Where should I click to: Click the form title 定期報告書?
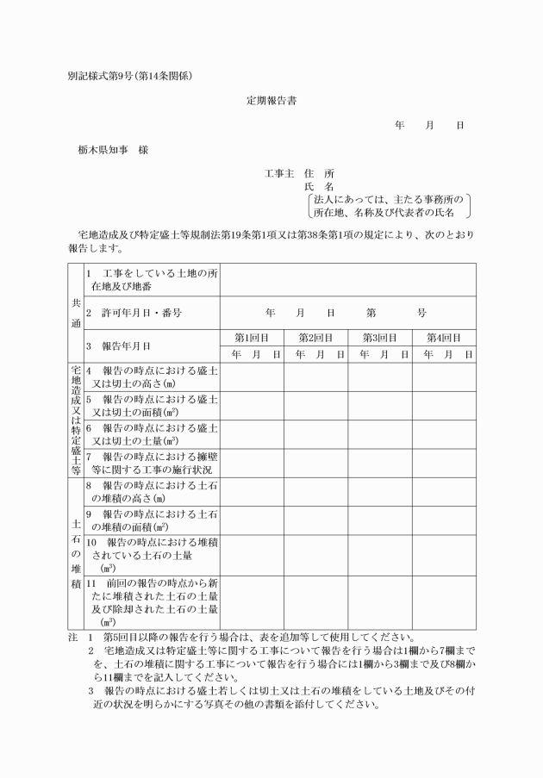coord(271,101)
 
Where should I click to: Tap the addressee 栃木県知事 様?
coord(113,150)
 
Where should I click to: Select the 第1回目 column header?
coord(252,338)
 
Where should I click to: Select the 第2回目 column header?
coord(315,338)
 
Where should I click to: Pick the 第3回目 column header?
coord(379,338)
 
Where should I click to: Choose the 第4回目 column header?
coord(443,338)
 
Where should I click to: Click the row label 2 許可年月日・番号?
coord(134,313)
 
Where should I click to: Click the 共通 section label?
coord(74,313)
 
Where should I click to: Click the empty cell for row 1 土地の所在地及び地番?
coord(346,280)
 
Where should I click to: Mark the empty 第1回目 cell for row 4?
coord(252,377)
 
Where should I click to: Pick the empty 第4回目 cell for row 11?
coord(443,602)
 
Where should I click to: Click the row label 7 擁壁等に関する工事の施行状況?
coord(152,463)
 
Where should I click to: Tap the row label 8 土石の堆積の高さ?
coord(152,491)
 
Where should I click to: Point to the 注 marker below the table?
coord(72,638)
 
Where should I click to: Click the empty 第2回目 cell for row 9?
coord(315,520)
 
